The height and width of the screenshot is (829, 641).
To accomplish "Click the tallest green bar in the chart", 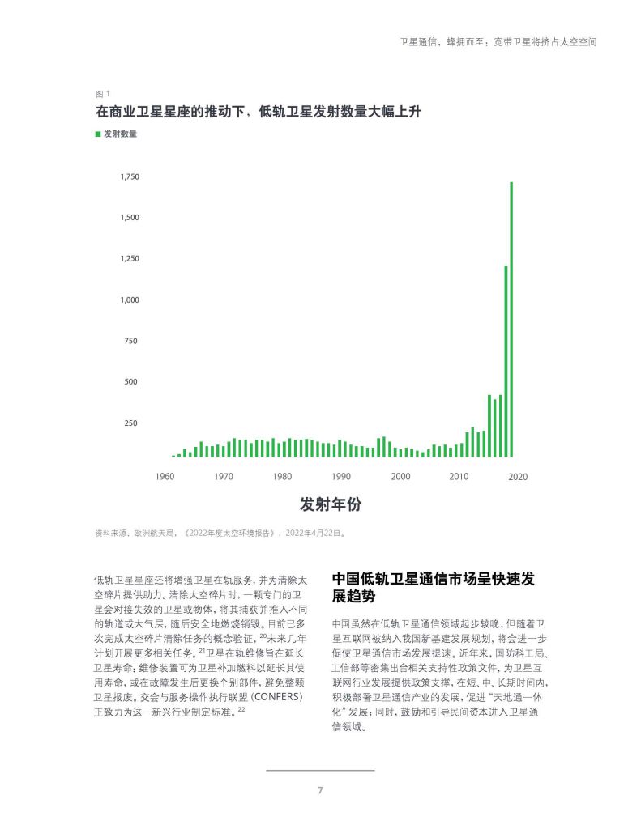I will tap(511, 319).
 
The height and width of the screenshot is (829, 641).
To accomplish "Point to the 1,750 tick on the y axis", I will tap(130, 176).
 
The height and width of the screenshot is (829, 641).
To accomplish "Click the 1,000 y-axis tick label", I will tap(130, 300).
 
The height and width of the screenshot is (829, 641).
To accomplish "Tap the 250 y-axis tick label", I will tap(130, 423).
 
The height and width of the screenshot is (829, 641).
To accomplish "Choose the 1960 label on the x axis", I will tap(165, 477).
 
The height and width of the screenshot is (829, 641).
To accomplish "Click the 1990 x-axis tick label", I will tap(341, 477).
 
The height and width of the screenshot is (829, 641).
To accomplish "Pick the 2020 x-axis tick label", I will tap(518, 477).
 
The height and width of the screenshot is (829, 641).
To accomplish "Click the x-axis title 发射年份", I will tap(331, 504).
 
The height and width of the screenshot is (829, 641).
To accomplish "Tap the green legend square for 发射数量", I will tap(98, 134).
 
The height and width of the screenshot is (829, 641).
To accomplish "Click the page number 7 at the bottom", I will tap(320, 790).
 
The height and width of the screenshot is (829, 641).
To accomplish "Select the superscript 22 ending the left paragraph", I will tap(241, 710).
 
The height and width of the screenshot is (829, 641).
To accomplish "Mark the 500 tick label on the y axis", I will tap(130, 381).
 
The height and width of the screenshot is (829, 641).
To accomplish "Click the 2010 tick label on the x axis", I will tap(459, 477).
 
